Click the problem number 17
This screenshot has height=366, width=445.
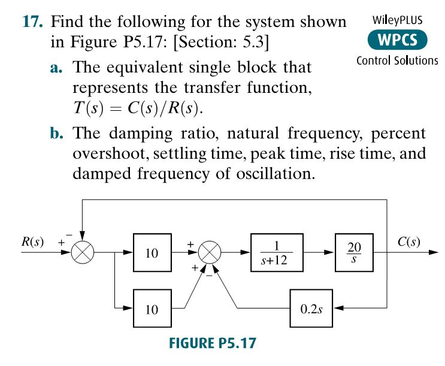[x=34, y=22]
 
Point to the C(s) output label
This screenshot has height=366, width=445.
[x=408, y=242]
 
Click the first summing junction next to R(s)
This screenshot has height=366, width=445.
[x=83, y=253]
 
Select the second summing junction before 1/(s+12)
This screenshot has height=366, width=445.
[x=210, y=253]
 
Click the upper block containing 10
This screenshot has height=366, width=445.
[x=152, y=253]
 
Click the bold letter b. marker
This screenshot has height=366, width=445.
[x=58, y=133]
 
